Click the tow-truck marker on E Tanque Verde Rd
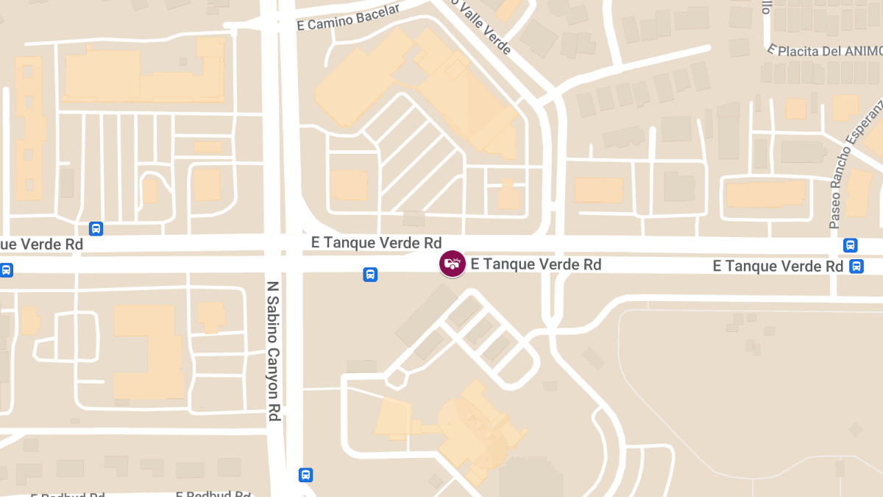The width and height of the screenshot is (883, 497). pos(452,264)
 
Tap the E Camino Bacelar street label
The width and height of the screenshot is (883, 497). pos(348,18)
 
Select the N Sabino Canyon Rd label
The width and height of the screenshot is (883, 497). pos(273,350)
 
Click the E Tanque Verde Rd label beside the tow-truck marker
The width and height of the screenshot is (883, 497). pos(536,264)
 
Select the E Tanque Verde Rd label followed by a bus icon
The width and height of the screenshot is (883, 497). pos(778,266)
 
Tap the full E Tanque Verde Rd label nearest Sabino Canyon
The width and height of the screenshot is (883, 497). pos(376,243)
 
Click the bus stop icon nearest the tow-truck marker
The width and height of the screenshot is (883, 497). pos(370,275)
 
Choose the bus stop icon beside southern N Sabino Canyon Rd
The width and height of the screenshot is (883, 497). pos(305,475)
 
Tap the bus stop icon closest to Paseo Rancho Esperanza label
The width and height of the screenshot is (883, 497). pos(851,245)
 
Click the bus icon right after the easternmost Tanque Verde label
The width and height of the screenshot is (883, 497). pos(857,266)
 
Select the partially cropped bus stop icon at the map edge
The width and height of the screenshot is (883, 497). pos(4,270)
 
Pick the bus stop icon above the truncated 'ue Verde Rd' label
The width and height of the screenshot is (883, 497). pos(96,228)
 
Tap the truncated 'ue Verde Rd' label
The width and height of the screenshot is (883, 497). pos(41,244)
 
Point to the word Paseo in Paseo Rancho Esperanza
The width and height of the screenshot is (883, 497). pos(835,213)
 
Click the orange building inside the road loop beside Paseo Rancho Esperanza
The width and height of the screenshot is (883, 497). pos(765,194)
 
